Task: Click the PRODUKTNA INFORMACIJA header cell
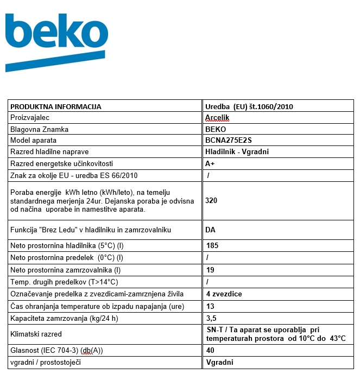coord(56,107)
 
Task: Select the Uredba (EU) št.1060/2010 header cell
coord(249,107)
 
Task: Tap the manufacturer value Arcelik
coord(217,118)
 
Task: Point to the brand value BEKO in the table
coord(216,130)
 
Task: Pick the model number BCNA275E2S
coord(229,141)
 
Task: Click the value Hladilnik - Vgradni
coord(237,152)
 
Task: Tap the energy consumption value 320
coord(211,200)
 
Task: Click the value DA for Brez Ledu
coord(210,230)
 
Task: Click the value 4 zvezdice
coord(224,294)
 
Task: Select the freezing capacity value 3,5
coord(211,319)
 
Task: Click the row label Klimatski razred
coord(36,334)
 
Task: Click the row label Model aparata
coord(34,141)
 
